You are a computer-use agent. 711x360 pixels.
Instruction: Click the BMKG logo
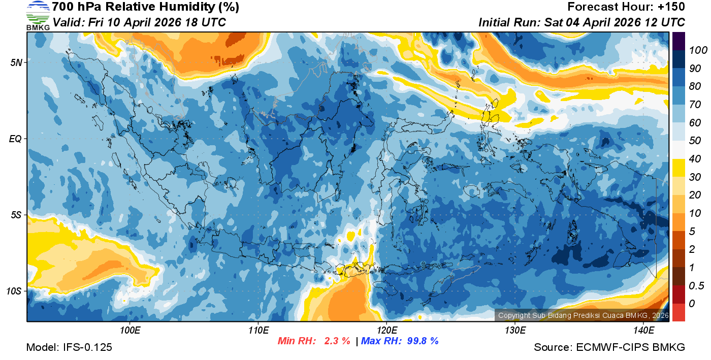pyautogui.click(x=38, y=15)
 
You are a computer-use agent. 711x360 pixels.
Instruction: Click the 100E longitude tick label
pyautogui.click(x=130, y=331)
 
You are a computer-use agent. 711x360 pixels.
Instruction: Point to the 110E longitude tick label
pyautogui.click(x=258, y=331)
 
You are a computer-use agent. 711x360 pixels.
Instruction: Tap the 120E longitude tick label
pyautogui.click(x=386, y=331)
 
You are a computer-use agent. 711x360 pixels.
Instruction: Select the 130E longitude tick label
pyautogui.click(x=515, y=331)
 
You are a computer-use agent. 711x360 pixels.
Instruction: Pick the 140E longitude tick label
pyautogui.click(x=643, y=331)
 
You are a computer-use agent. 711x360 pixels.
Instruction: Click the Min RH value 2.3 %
pyautogui.click(x=337, y=341)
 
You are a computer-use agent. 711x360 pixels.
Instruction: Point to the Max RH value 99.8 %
pyautogui.click(x=421, y=341)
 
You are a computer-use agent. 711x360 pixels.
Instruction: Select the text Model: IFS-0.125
pyautogui.click(x=69, y=347)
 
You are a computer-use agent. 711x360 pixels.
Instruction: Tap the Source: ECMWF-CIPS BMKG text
pyautogui.click(x=609, y=347)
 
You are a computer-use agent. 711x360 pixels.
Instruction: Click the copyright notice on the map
pyautogui.click(x=583, y=315)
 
